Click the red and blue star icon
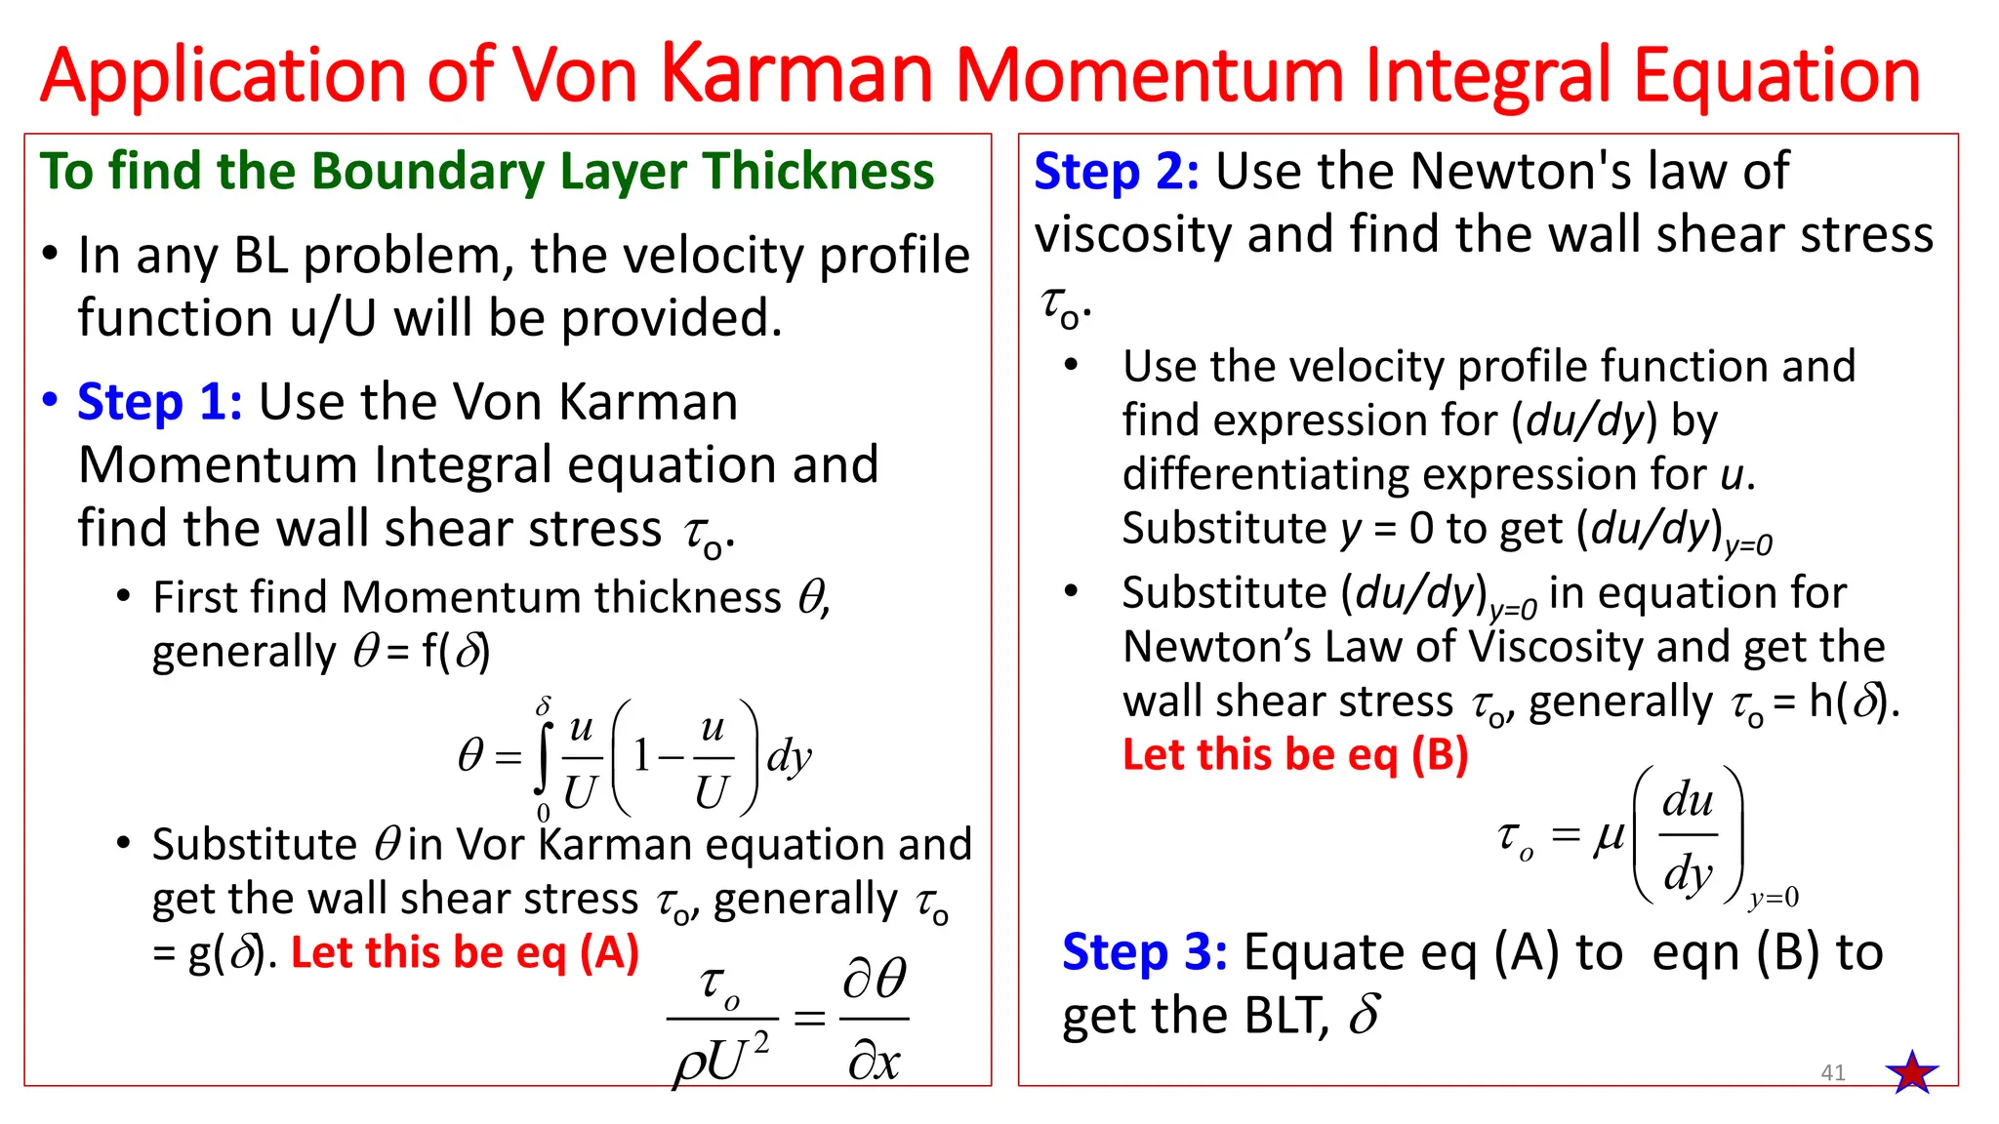1912,1072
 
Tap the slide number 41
1833,1073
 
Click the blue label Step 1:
159,402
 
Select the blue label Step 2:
1117,172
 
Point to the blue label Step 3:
1144,952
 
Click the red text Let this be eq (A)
465,952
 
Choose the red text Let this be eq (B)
1295,754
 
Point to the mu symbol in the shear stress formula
1609,835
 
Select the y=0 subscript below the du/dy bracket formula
1774,898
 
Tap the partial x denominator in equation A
874,1062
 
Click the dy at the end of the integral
789,757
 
